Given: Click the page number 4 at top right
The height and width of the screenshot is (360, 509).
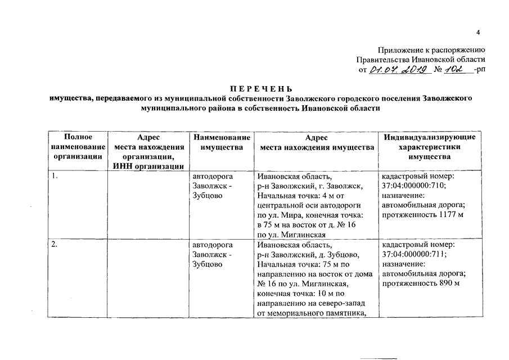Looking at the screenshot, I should pyautogui.click(x=478, y=31).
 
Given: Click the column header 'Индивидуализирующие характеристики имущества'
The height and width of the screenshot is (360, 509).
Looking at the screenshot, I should pyautogui.click(x=429, y=147).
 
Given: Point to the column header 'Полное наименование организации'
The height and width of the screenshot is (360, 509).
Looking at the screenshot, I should pyautogui.click(x=78, y=147).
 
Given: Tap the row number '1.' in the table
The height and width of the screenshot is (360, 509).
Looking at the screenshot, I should pyautogui.click(x=55, y=176).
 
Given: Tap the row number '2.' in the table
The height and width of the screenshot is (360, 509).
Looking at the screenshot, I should pyautogui.click(x=55, y=245).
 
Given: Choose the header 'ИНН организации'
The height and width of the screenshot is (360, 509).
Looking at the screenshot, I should pyautogui.click(x=148, y=166).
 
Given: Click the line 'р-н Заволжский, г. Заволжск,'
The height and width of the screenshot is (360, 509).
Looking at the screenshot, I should pyautogui.click(x=309, y=186).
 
